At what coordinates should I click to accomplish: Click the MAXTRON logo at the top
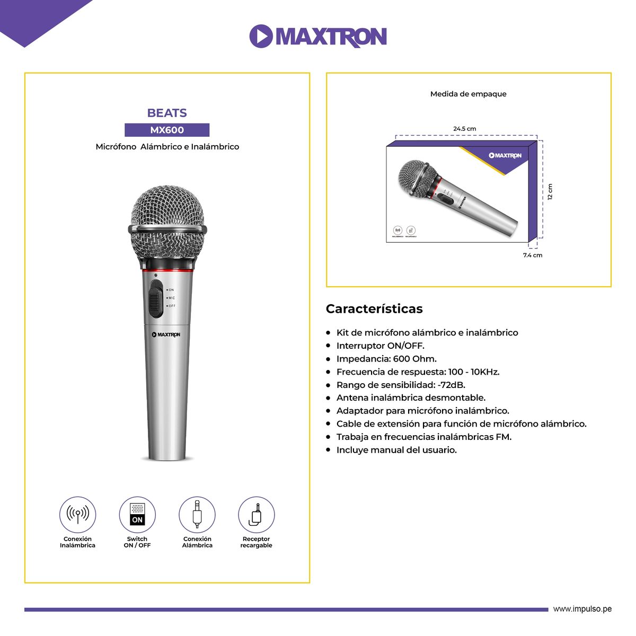tap(318, 36)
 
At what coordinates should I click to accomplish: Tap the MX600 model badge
tap(167, 130)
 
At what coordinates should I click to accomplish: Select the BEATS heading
tap(167, 113)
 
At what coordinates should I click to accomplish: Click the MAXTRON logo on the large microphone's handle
tap(166, 334)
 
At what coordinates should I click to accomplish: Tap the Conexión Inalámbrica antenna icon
tap(77, 515)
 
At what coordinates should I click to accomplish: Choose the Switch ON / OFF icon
tap(137, 515)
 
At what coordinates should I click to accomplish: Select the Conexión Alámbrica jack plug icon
tap(197, 515)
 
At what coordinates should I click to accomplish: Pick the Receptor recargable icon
tap(257, 515)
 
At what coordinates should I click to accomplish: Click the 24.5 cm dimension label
tap(464, 129)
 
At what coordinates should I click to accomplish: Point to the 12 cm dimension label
tap(550, 191)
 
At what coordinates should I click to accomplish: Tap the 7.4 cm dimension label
tap(533, 255)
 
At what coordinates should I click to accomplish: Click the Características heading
tap(374, 308)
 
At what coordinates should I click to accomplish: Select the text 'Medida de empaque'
tap(469, 94)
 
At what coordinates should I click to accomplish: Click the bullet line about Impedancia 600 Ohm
tap(386, 359)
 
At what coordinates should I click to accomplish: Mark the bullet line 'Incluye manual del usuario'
tap(396, 450)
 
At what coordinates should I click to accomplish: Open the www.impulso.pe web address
tap(582, 609)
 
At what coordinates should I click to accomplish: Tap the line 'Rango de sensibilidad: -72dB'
tap(401, 385)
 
